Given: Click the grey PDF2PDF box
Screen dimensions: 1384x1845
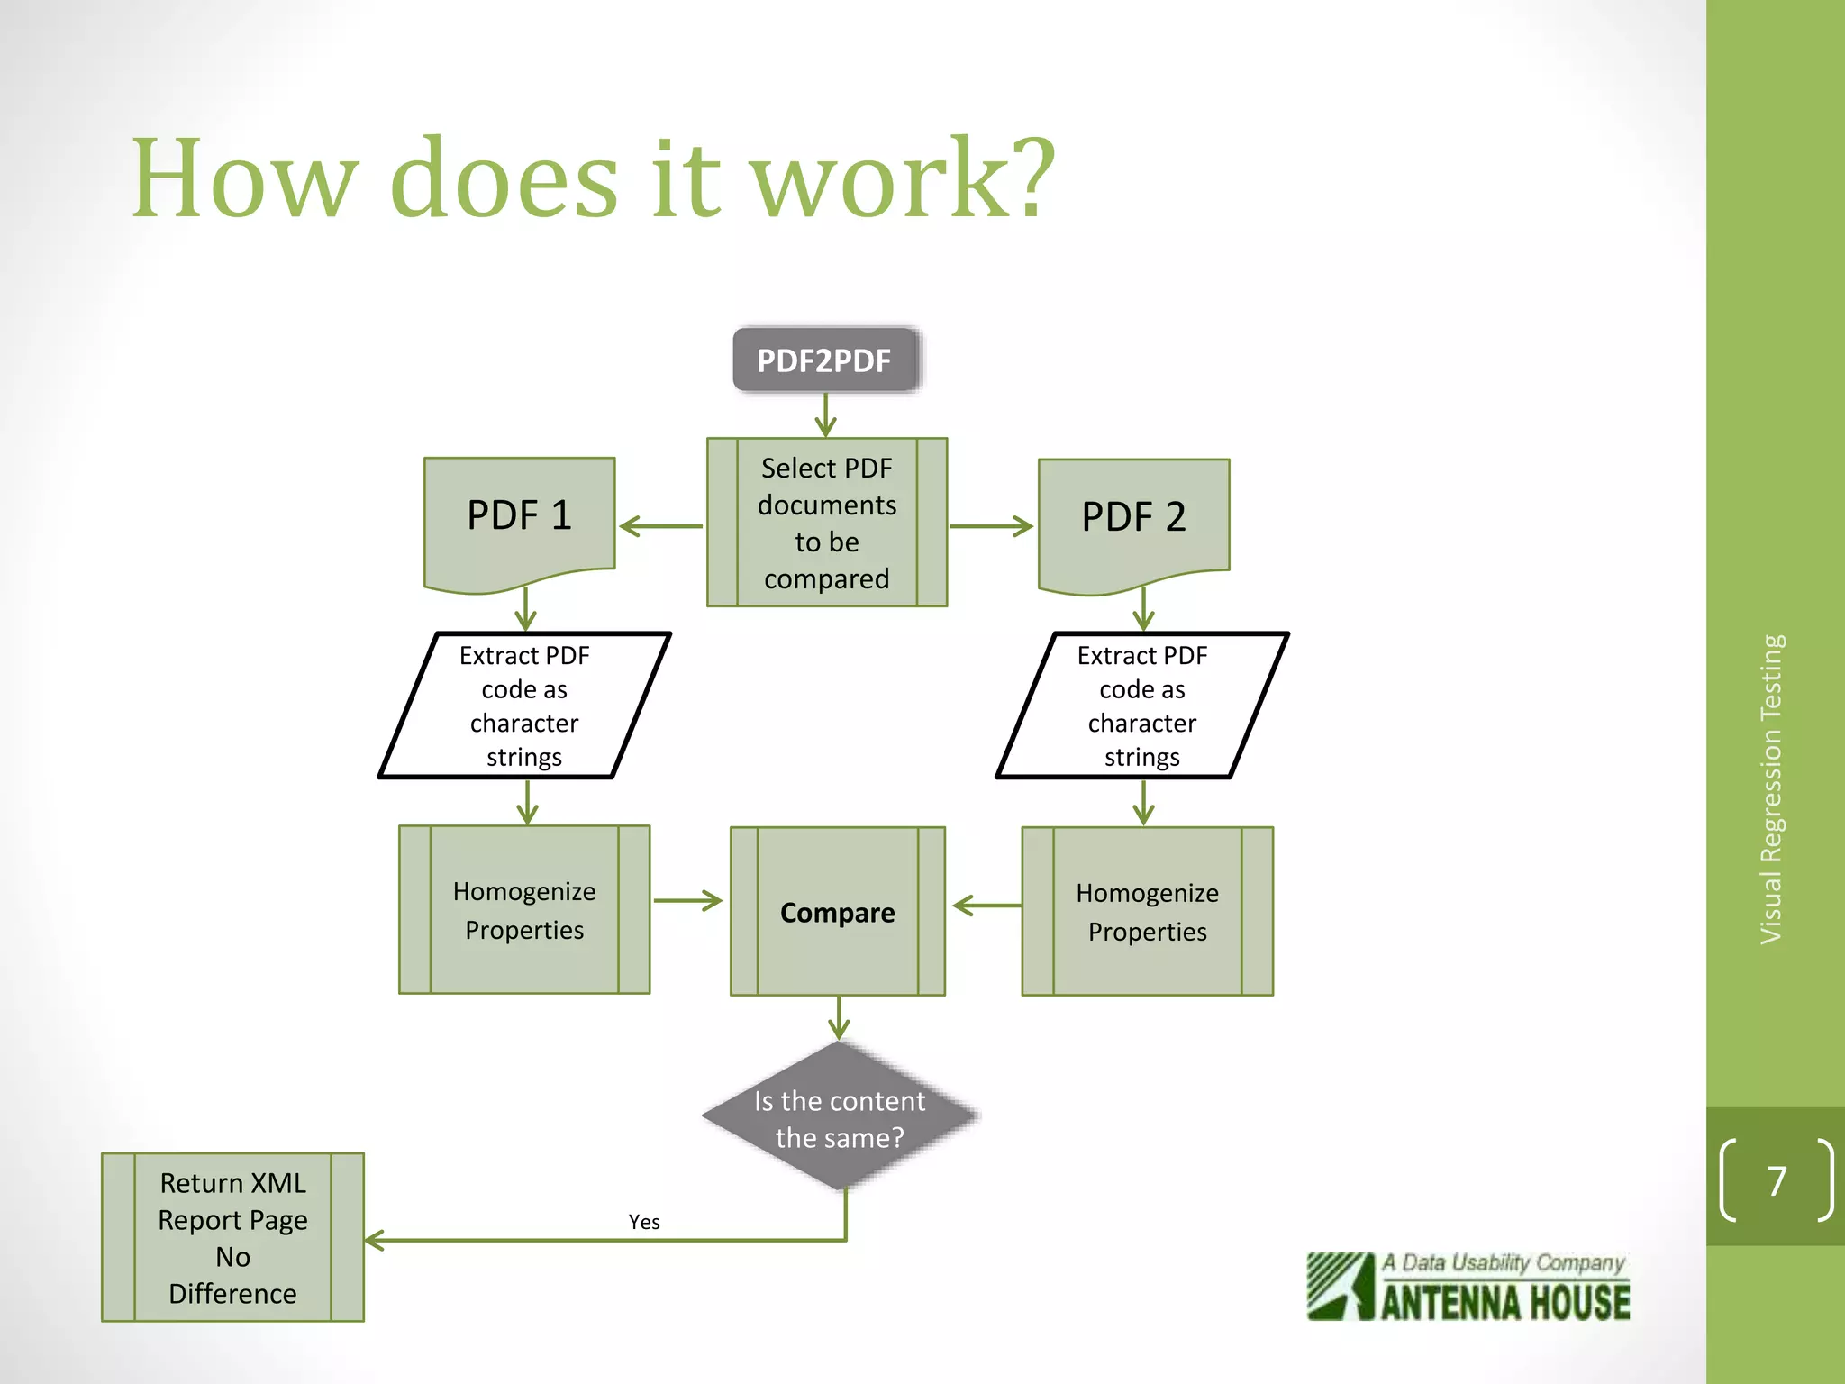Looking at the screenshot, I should coord(824,360).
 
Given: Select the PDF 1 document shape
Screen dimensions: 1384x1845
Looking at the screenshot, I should coord(520,518).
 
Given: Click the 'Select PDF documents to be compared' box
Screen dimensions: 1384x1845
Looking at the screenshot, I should coord(826,523).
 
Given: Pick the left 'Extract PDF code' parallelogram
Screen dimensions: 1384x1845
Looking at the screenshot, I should coord(524,706).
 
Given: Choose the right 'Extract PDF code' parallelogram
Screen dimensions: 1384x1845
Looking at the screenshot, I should coord(1141,706).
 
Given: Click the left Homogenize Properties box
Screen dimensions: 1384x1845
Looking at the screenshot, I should coord(524,910).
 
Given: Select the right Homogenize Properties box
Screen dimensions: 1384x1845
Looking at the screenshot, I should coord(1147,912).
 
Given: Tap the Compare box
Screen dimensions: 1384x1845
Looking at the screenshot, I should coord(837,912).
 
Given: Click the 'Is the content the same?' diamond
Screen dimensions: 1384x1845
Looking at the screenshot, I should coord(840,1118).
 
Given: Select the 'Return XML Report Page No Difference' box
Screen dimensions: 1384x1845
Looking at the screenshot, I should coord(232,1237).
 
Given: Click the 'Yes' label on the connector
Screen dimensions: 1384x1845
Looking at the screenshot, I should coord(644,1222).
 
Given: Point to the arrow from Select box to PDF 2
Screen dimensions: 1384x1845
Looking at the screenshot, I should coord(991,526).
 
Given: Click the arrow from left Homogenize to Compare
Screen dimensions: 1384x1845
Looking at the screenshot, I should coord(688,900).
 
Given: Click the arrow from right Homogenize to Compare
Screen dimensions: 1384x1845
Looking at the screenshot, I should coord(986,905).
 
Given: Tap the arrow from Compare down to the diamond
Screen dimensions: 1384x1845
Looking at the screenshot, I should coord(839,1018).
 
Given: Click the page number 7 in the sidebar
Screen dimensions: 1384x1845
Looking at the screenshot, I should coord(1777,1180).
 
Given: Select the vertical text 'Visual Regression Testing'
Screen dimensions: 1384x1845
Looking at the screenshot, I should coord(1772,789).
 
